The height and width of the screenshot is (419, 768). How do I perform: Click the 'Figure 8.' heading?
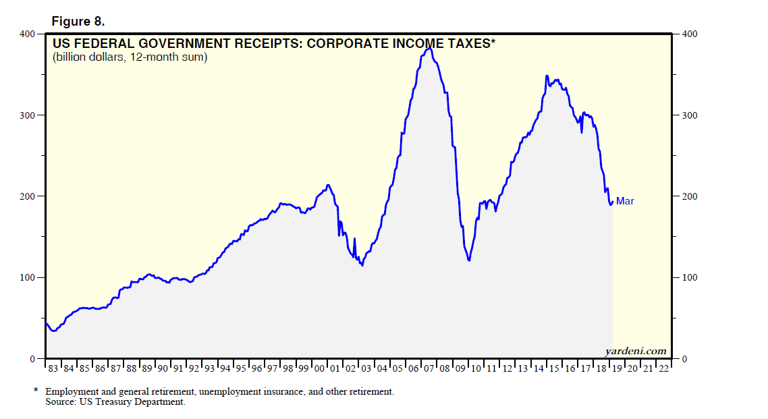coord(78,21)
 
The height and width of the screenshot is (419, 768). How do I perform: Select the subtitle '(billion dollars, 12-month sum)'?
coord(130,57)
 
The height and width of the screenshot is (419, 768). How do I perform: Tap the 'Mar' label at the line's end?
coord(625,201)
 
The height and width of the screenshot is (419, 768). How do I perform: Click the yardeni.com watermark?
coord(635,351)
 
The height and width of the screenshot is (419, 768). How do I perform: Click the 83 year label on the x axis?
coord(53,368)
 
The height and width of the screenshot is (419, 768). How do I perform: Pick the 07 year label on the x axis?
coord(429,368)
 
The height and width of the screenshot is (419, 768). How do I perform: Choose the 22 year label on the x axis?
coord(663,368)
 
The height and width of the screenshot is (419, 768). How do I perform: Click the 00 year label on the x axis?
coord(319,368)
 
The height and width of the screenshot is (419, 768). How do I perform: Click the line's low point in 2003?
coord(362,265)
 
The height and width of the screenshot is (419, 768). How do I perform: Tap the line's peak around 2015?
coord(547,76)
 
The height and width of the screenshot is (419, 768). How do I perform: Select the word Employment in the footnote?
coord(71,391)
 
